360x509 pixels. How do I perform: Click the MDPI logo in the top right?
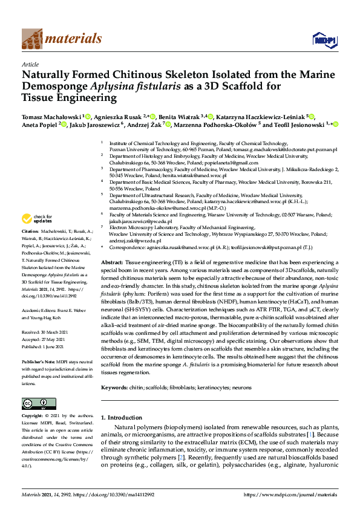pyautogui.click(x=322, y=40)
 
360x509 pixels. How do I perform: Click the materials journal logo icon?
pyautogui.click(x=32, y=39)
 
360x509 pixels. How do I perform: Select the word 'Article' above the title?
pyautogui.click(x=30, y=63)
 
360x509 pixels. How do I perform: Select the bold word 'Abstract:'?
pyautogui.click(x=112, y=264)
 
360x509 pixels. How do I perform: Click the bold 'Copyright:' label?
pyautogui.click(x=33, y=417)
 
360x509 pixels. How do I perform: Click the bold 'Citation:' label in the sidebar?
pyautogui.click(x=30, y=232)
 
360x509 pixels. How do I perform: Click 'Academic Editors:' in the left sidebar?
pyautogui.click(x=39, y=310)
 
